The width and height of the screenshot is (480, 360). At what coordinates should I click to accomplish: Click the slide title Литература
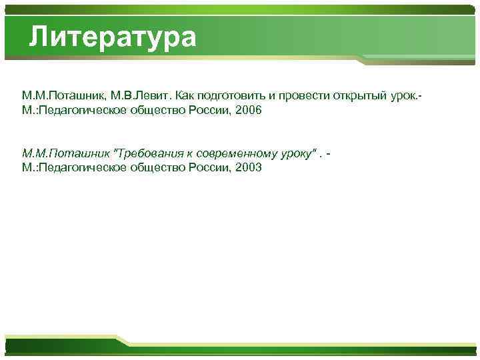click(113, 37)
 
